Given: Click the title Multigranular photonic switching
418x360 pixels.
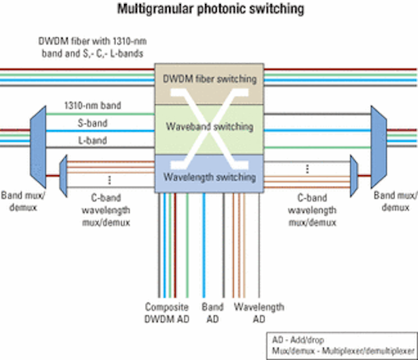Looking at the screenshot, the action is pos(210,9).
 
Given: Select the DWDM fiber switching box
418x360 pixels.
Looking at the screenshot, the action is pos(209,84).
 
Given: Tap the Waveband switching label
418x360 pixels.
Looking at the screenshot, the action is pos(210,126).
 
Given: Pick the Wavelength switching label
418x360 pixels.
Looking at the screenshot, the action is pos(210,177).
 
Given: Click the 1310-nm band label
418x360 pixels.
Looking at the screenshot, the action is pos(93,105).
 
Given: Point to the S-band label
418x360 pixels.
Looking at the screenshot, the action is pos(93,123).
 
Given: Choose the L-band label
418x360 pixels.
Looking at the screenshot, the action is pos(93,140).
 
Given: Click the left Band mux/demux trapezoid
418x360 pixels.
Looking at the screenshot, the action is pos(38,147).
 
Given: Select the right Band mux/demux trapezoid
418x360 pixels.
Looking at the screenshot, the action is pos(379,147).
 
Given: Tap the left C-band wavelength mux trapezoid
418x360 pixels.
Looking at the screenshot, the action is pos(63,176).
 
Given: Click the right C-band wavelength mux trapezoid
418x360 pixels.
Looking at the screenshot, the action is pos(354,176).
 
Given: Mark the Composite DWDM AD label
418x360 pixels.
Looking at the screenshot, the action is pos(167,313).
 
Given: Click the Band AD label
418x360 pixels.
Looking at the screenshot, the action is pos(212,313).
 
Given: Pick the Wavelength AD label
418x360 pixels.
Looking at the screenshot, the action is pos(259,313).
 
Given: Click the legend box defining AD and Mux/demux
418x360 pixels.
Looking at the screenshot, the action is pos(342,346).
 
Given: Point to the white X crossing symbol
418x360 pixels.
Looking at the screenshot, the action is pos(210,129).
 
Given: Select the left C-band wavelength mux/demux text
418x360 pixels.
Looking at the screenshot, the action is pos(106,210).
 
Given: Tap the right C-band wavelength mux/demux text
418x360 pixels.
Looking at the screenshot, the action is pos(312,210).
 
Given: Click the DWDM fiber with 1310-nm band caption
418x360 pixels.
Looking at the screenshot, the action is pos(92,48).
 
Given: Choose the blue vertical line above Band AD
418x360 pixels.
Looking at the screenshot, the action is pos(204,245).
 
